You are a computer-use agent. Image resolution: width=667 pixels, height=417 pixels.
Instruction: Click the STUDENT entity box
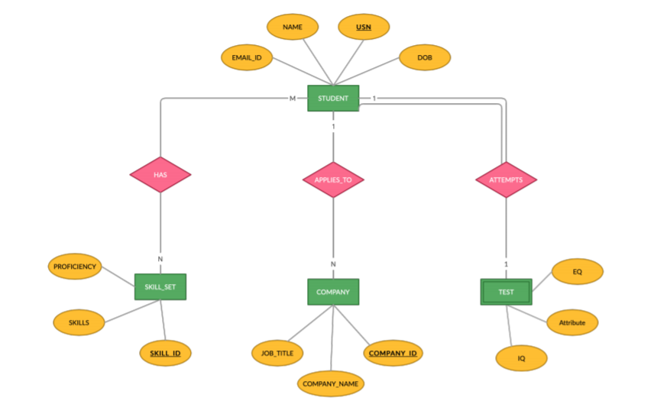(333, 99)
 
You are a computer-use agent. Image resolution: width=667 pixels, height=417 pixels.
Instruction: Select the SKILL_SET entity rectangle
(160, 286)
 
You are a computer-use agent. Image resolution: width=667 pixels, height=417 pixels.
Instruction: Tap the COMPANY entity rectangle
(333, 292)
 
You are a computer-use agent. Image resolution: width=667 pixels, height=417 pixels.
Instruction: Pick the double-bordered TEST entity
(506, 292)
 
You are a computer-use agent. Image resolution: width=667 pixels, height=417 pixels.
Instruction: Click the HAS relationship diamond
(160, 175)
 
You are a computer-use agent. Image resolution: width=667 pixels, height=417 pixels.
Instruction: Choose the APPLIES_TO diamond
(333, 180)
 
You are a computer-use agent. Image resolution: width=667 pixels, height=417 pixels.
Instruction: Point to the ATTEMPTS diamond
(506, 180)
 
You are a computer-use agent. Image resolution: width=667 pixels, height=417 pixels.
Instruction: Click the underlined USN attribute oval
(364, 27)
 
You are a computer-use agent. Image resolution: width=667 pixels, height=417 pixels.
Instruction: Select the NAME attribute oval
(293, 27)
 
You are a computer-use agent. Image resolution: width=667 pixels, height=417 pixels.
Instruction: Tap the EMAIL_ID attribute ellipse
(247, 57)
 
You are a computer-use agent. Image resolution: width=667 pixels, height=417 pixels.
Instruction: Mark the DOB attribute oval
(424, 57)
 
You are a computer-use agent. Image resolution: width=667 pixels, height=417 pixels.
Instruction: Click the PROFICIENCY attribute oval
(75, 267)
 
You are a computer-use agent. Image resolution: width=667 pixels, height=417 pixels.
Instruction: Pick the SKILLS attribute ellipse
(79, 322)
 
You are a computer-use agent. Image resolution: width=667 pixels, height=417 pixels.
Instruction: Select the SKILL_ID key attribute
(165, 353)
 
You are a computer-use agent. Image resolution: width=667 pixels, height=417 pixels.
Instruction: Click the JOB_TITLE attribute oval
(277, 353)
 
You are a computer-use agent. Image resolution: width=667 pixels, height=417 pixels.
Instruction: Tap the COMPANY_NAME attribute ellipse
(330, 383)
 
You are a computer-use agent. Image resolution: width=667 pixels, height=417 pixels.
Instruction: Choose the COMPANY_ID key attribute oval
(393, 353)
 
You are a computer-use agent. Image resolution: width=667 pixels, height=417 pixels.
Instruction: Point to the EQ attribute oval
(577, 271)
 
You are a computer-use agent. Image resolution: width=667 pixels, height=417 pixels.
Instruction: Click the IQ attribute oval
(521, 357)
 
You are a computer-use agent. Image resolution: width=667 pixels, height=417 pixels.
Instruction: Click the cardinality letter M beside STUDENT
(292, 99)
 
